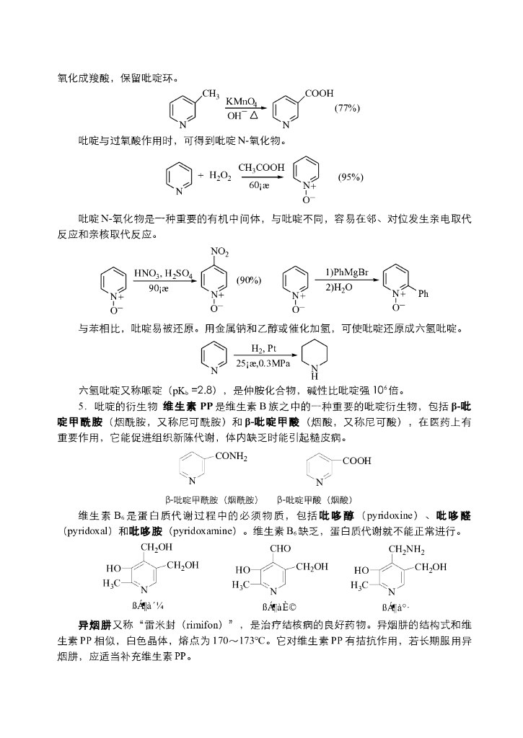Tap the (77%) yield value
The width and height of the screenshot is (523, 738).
pos(347,108)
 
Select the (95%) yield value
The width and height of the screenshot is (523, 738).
pos(351,177)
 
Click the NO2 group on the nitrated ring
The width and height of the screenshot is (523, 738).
pos(219,252)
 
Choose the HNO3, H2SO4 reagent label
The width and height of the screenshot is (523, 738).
pos(163,274)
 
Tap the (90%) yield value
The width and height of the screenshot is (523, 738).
pos(249,280)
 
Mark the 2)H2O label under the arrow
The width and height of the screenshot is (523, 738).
pos(339,288)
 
